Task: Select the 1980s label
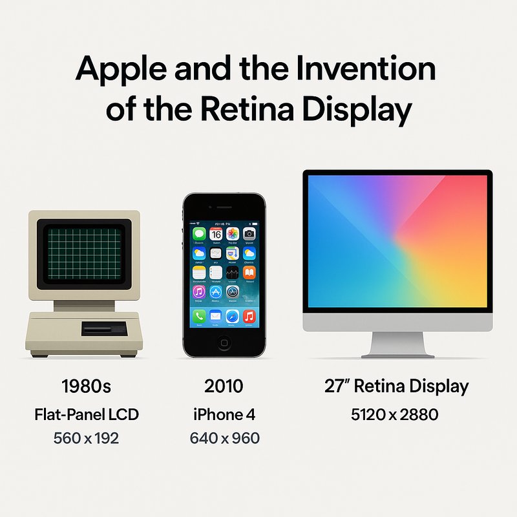(86, 386)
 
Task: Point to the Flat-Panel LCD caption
(86, 414)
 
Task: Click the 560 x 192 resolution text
(86, 438)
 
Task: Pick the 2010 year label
(224, 386)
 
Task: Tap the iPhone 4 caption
(224, 414)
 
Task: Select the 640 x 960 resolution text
(224, 438)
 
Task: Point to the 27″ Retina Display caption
(396, 386)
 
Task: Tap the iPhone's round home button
(224, 343)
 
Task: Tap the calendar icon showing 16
(216, 234)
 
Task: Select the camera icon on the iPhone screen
(249, 234)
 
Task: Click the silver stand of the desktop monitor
(398, 343)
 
